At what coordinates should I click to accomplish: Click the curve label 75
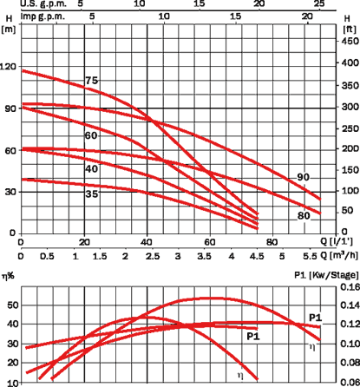pyautogui.click(x=92, y=81)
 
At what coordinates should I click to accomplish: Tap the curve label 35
pyautogui.click(x=92, y=193)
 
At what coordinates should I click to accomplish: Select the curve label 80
pyautogui.click(x=304, y=216)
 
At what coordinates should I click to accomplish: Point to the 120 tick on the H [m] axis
pyautogui.click(x=8, y=67)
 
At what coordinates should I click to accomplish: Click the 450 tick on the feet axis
pyautogui.click(x=350, y=42)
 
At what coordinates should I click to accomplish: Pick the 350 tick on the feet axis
pyautogui.click(x=350, y=86)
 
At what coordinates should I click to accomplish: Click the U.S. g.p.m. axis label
pyautogui.click(x=43, y=3)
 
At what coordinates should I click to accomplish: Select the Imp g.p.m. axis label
pyautogui.click(x=43, y=16)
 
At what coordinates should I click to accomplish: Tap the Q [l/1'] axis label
pyautogui.click(x=337, y=241)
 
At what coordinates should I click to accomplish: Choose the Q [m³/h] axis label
pyautogui.click(x=339, y=255)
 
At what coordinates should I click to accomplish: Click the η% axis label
pyautogui.click(x=8, y=276)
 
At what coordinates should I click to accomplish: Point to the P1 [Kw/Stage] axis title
pyautogui.click(x=326, y=275)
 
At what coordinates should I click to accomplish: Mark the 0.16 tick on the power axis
pyautogui.click(x=350, y=287)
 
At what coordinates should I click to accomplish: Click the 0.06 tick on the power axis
pyautogui.click(x=350, y=383)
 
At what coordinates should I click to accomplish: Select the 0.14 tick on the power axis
pyautogui.click(x=350, y=305)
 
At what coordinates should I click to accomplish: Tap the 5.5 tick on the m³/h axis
pyautogui.click(x=310, y=256)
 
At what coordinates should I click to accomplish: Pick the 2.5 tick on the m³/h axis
pyautogui.click(x=153, y=256)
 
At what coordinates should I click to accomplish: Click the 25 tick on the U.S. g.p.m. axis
pyautogui.click(x=319, y=3)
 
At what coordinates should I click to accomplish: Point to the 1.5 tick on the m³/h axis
pyautogui.click(x=100, y=256)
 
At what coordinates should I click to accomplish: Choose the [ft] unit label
pyautogui.click(x=350, y=30)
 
